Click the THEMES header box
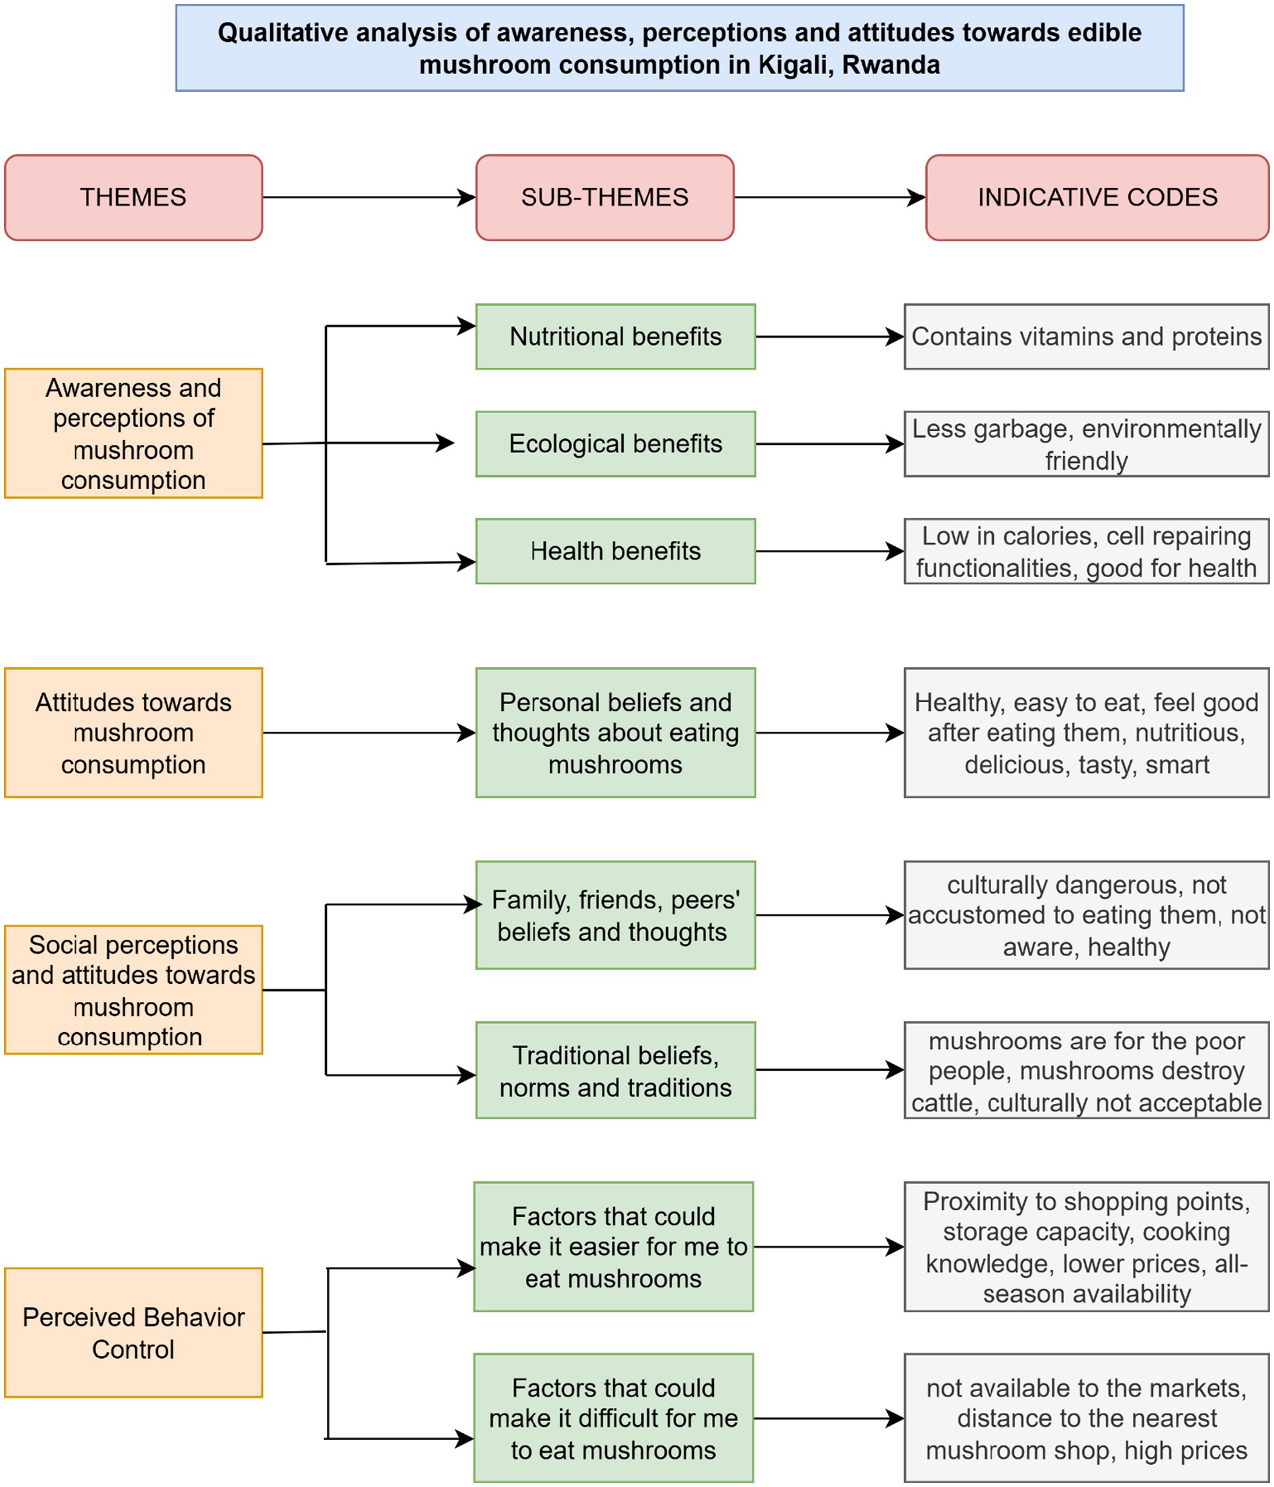coord(134,198)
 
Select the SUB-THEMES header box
coord(604,198)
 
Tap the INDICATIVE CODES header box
coord(1097,198)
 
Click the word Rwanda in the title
coord(891,65)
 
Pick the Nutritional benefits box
coord(615,337)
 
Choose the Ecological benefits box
coord(615,443)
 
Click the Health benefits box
coord(615,551)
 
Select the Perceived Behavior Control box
coord(134,1332)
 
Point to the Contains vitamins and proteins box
coord(1085,337)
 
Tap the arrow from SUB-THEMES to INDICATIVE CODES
coord(829,198)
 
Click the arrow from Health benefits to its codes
coord(829,551)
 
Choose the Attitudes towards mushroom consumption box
coord(134,732)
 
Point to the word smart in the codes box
coord(1177,765)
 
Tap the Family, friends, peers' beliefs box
coord(615,915)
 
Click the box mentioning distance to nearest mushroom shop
coord(1085,1419)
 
